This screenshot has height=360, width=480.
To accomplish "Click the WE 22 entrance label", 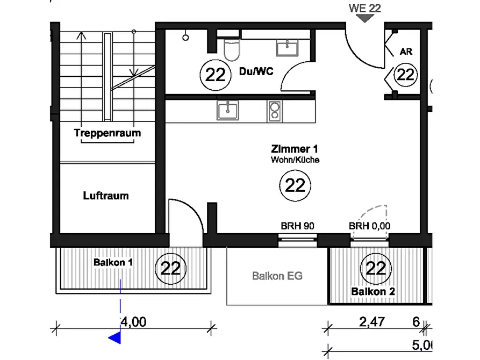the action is pos(364,8).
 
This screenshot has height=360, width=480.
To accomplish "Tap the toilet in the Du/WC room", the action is pos(232,49).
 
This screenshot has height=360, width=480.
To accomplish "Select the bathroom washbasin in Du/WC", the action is pos(287,48).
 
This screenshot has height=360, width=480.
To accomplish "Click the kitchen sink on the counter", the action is pos(228,110).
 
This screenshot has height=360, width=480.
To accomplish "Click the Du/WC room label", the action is pos(256,71).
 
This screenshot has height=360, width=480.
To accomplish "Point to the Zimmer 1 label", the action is pos(295,149).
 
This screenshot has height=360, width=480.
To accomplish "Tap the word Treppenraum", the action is pos(108,133).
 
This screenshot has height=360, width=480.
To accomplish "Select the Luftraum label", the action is pos(106,196).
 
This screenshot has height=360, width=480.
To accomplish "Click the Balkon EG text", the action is pos(277,276).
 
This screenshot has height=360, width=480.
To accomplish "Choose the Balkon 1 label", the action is pos(113,262).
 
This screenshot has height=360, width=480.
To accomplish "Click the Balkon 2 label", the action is pos(373,291).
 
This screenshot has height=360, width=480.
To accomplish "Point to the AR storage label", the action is pos(406,52).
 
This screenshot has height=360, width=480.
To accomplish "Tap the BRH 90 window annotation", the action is pos(297,226).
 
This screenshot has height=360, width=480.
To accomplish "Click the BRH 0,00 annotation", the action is pos(369,226).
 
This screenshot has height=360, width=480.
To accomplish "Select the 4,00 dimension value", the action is pos(133,322).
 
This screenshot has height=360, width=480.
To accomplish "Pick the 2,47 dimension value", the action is pos(372,322).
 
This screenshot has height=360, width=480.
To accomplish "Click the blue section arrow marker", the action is pos(115,338).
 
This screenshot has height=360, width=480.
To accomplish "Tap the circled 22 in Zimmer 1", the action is pos(295,185).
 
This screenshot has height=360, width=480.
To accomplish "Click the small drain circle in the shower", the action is pos(185,38).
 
